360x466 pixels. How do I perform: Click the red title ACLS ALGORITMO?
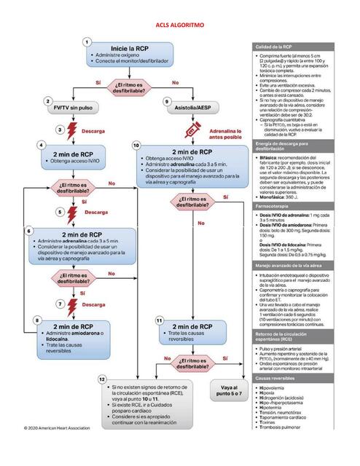click(179, 24)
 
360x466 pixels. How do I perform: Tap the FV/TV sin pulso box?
click(75, 107)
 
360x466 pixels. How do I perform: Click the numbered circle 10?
click(136, 146)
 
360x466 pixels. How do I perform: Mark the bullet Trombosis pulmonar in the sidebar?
click(284, 445)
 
